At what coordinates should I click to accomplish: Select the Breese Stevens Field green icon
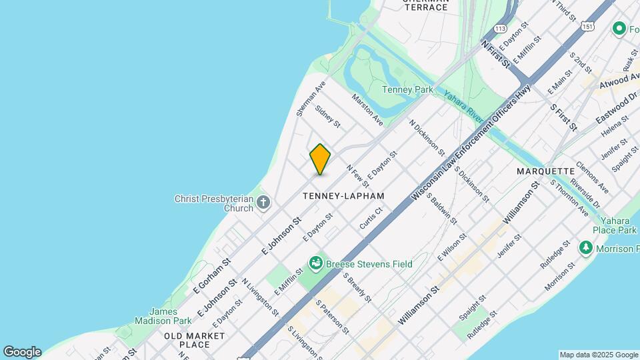(x=316, y=263)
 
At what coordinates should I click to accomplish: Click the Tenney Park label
(x=408, y=89)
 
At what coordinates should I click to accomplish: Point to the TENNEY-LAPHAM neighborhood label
(x=343, y=196)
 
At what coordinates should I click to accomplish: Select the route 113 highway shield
(x=501, y=29)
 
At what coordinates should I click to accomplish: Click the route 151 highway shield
(x=587, y=25)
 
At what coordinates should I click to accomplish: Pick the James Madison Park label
(x=163, y=315)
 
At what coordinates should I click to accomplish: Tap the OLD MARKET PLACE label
(x=187, y=340)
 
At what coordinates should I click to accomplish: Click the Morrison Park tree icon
(x=586, y=248)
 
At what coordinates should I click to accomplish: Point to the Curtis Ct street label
(x=371, y=218)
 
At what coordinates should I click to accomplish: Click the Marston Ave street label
(x=367, y=109)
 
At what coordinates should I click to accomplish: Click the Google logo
(x=22, y=352)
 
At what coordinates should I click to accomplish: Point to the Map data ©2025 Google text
(x=598, y=355)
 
